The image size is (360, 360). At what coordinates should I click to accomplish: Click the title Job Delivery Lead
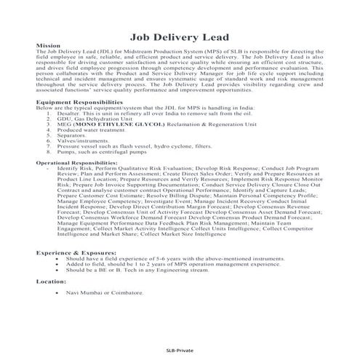pos(179,36)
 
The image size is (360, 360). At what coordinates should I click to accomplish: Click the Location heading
pos(52,280)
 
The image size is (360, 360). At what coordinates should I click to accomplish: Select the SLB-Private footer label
pos(180,350)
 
